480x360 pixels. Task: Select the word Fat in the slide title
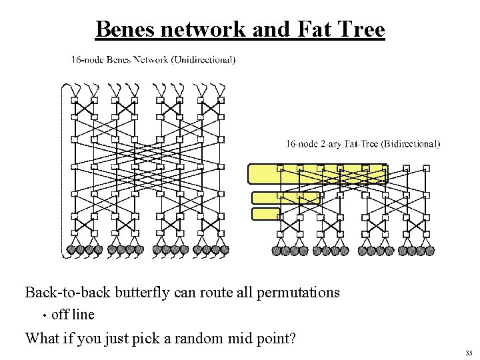point(317,29)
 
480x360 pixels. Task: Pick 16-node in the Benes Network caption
point(87,60)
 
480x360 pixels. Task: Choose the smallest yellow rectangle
point(265,213)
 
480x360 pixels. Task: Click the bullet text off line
point(73,314)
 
